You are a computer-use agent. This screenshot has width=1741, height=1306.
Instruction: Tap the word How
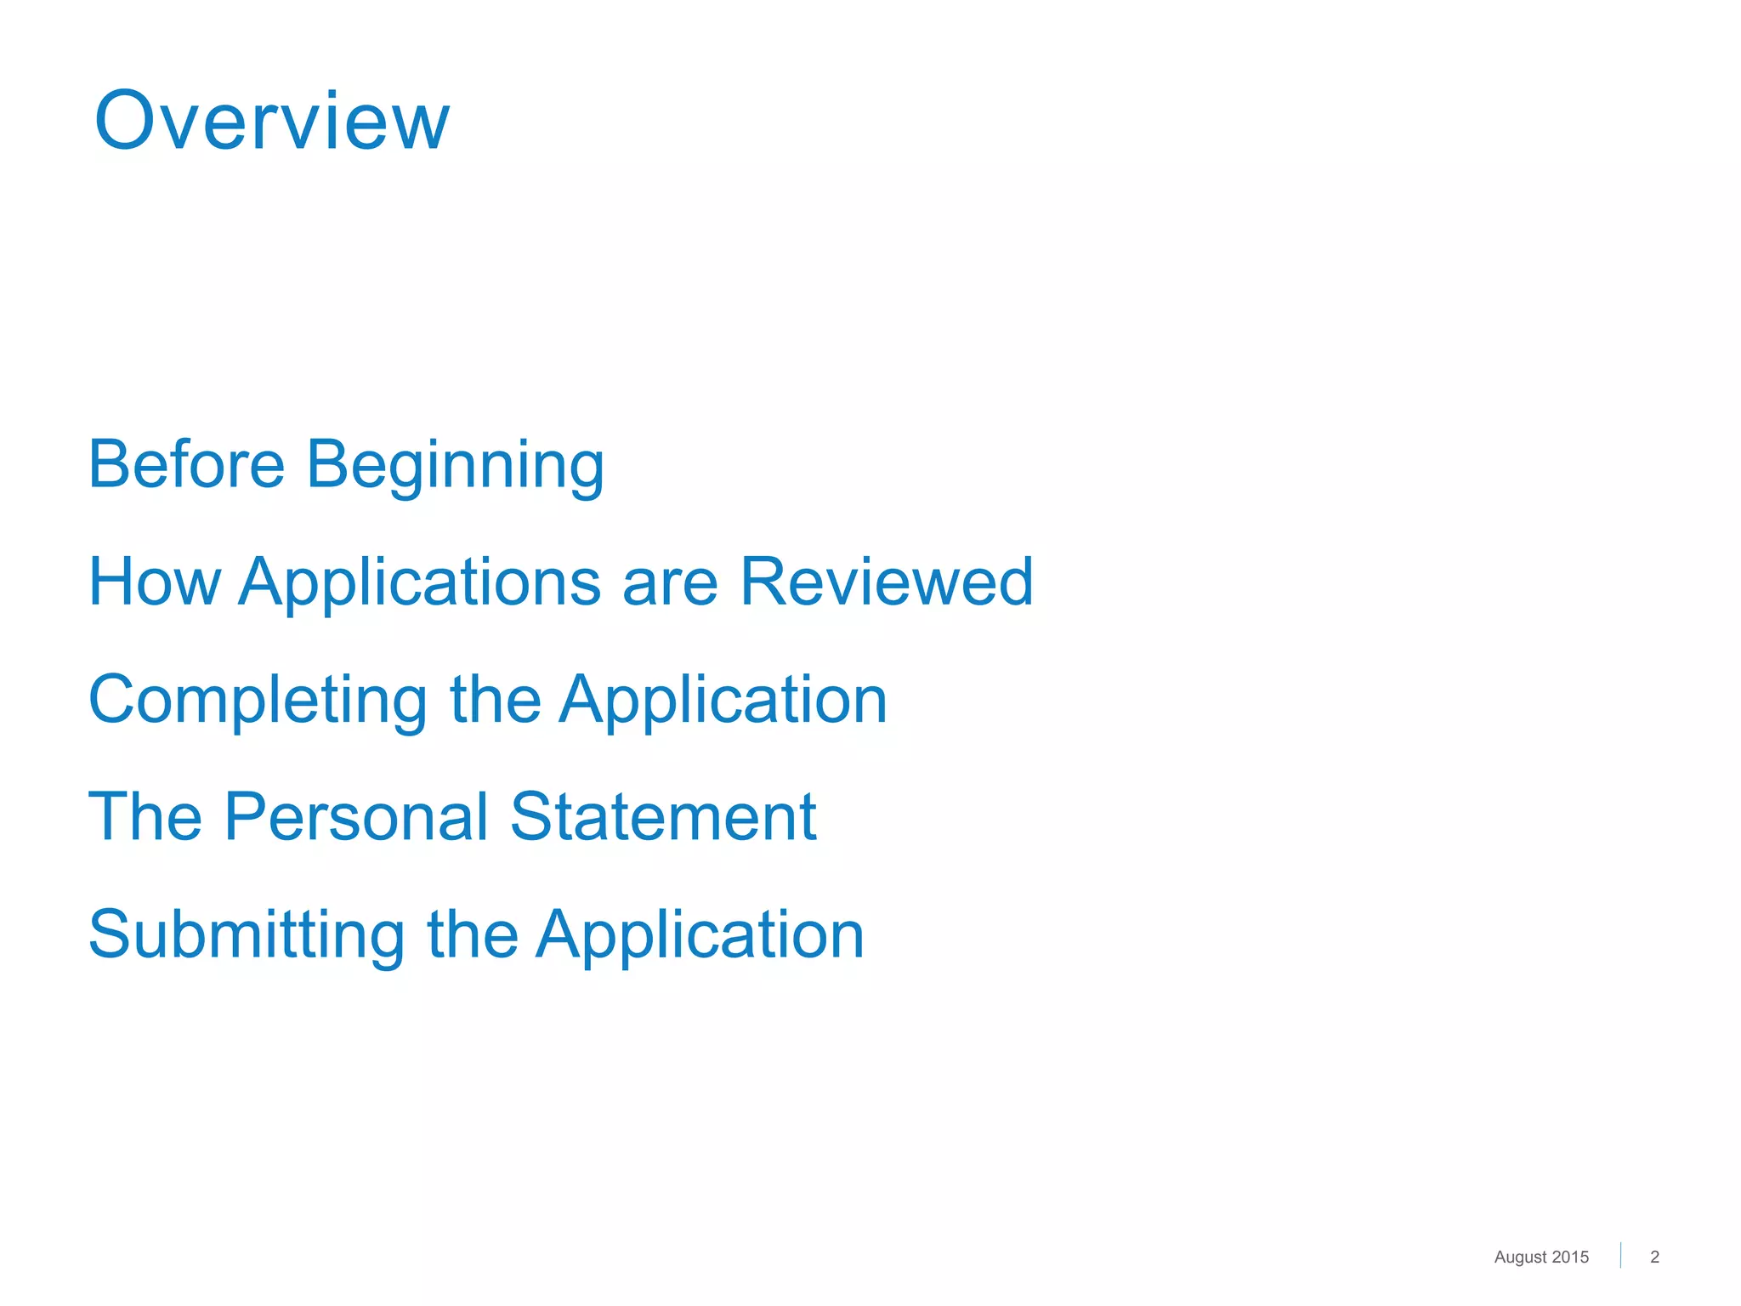coord(154,582)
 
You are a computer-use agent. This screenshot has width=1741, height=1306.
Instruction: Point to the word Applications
coord(420,583)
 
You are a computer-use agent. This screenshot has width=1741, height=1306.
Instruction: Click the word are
coord(670,583)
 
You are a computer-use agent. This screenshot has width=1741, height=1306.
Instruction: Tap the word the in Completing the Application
coord(495,699)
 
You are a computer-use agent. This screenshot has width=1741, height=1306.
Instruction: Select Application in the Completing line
coord(723,701)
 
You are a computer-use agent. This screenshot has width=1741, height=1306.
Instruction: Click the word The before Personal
coord(145,816)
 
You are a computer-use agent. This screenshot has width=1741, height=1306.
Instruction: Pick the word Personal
coord(357,816)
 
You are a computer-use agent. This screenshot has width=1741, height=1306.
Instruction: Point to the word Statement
coord(663,816)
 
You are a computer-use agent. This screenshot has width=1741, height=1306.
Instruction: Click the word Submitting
coord(247,935)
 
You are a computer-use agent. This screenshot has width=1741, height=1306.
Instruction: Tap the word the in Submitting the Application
coord(472,934)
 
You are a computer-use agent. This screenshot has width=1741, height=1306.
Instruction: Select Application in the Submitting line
coord(700,935)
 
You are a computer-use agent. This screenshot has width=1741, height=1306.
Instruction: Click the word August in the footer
coord(1519,1258)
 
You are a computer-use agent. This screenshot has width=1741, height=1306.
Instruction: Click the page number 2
coord(1654,1257)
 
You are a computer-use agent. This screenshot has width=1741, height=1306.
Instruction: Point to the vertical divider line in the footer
coord(1620,1255)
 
